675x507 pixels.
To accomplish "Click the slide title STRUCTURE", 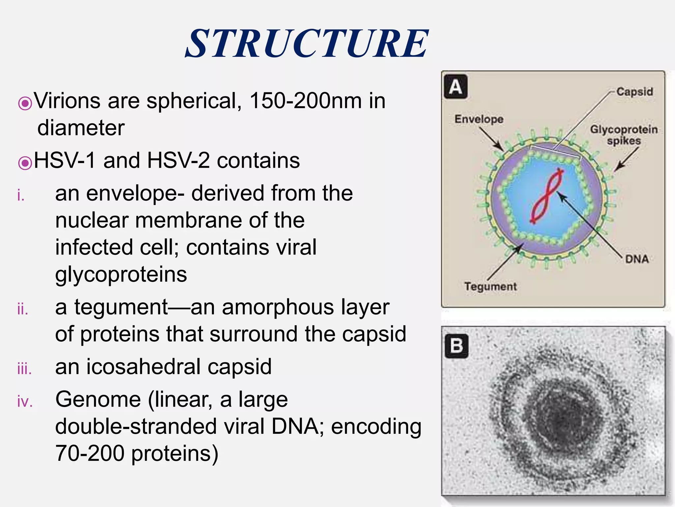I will click(307, 44).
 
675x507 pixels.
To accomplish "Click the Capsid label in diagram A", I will click(634, 91).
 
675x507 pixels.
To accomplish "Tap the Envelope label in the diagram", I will click(479, 119).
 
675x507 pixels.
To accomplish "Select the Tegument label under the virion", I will click(490, 286).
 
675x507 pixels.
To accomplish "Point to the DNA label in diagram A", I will click(637, 259).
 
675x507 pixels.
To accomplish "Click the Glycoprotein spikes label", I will click(624, 135).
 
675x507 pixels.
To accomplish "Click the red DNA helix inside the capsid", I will click(547, 196).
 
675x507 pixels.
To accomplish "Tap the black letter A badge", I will click(455, 87).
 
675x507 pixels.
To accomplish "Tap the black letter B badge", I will click(456, 346).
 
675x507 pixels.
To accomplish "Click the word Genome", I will click(98, 399).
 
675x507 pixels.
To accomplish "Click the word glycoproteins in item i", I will click(121, 274).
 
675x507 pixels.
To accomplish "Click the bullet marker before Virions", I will click(25, 103).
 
